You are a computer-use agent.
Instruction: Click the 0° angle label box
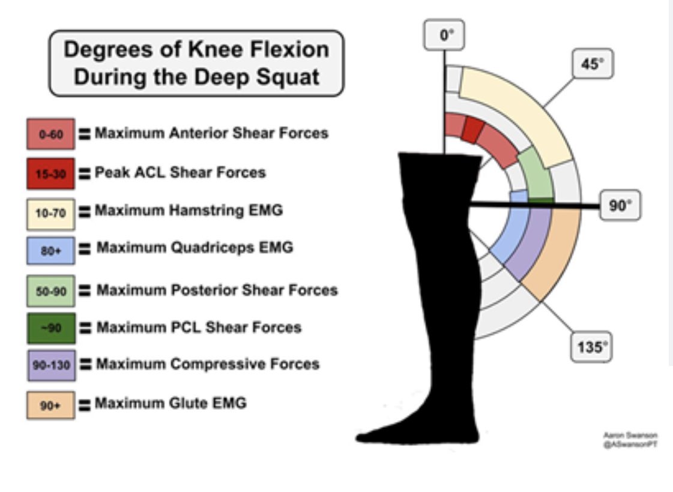pos(444,35)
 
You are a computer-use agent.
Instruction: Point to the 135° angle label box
pos(591,347)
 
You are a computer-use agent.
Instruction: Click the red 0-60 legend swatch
pos(50,134)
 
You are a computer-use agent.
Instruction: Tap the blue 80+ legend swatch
pos(50,250)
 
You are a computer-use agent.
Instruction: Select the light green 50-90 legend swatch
pos(50,291)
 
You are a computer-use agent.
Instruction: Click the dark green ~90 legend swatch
pos(50,328)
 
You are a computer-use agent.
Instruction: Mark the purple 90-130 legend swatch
pos(50,365)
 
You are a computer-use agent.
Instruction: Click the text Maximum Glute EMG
pos(171,403)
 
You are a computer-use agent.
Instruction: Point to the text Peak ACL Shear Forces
pos(180,172)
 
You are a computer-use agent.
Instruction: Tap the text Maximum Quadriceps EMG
pos(195,247)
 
